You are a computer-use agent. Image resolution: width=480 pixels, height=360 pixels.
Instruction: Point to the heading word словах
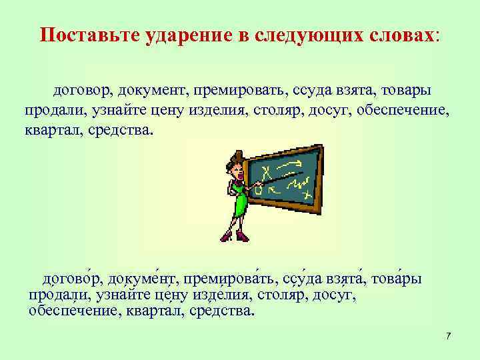click(403, 35)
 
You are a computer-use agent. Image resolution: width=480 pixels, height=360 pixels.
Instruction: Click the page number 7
click(449, 335)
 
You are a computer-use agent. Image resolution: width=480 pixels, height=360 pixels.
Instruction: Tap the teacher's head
click(236, 162)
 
